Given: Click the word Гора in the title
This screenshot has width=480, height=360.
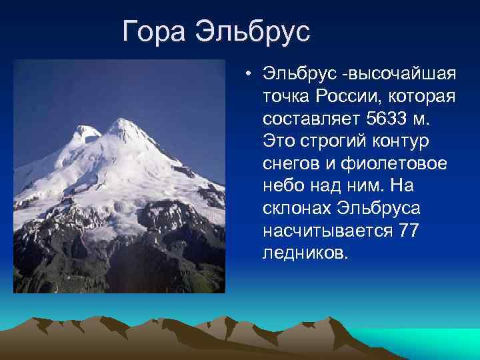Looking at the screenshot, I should pos(155,32).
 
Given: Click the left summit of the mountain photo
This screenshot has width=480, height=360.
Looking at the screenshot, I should pos(88,131).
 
